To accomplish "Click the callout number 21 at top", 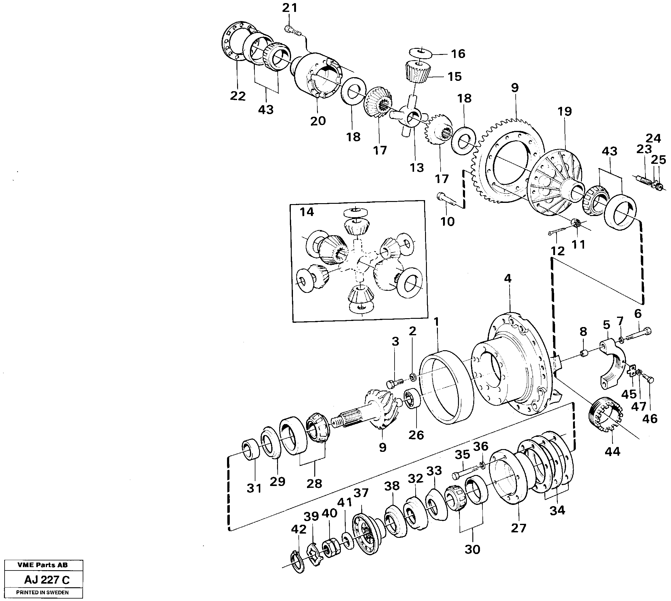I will click(290, 8).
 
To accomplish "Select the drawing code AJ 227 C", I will click(47, 580).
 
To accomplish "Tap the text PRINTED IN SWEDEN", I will click(42, 592).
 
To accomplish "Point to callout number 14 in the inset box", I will click(306, 212).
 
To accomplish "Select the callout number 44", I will click(612, 452).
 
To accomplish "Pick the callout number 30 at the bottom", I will click(472, 550).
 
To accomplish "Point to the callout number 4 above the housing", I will click(507, 279).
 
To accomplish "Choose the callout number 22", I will click(238, 96).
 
